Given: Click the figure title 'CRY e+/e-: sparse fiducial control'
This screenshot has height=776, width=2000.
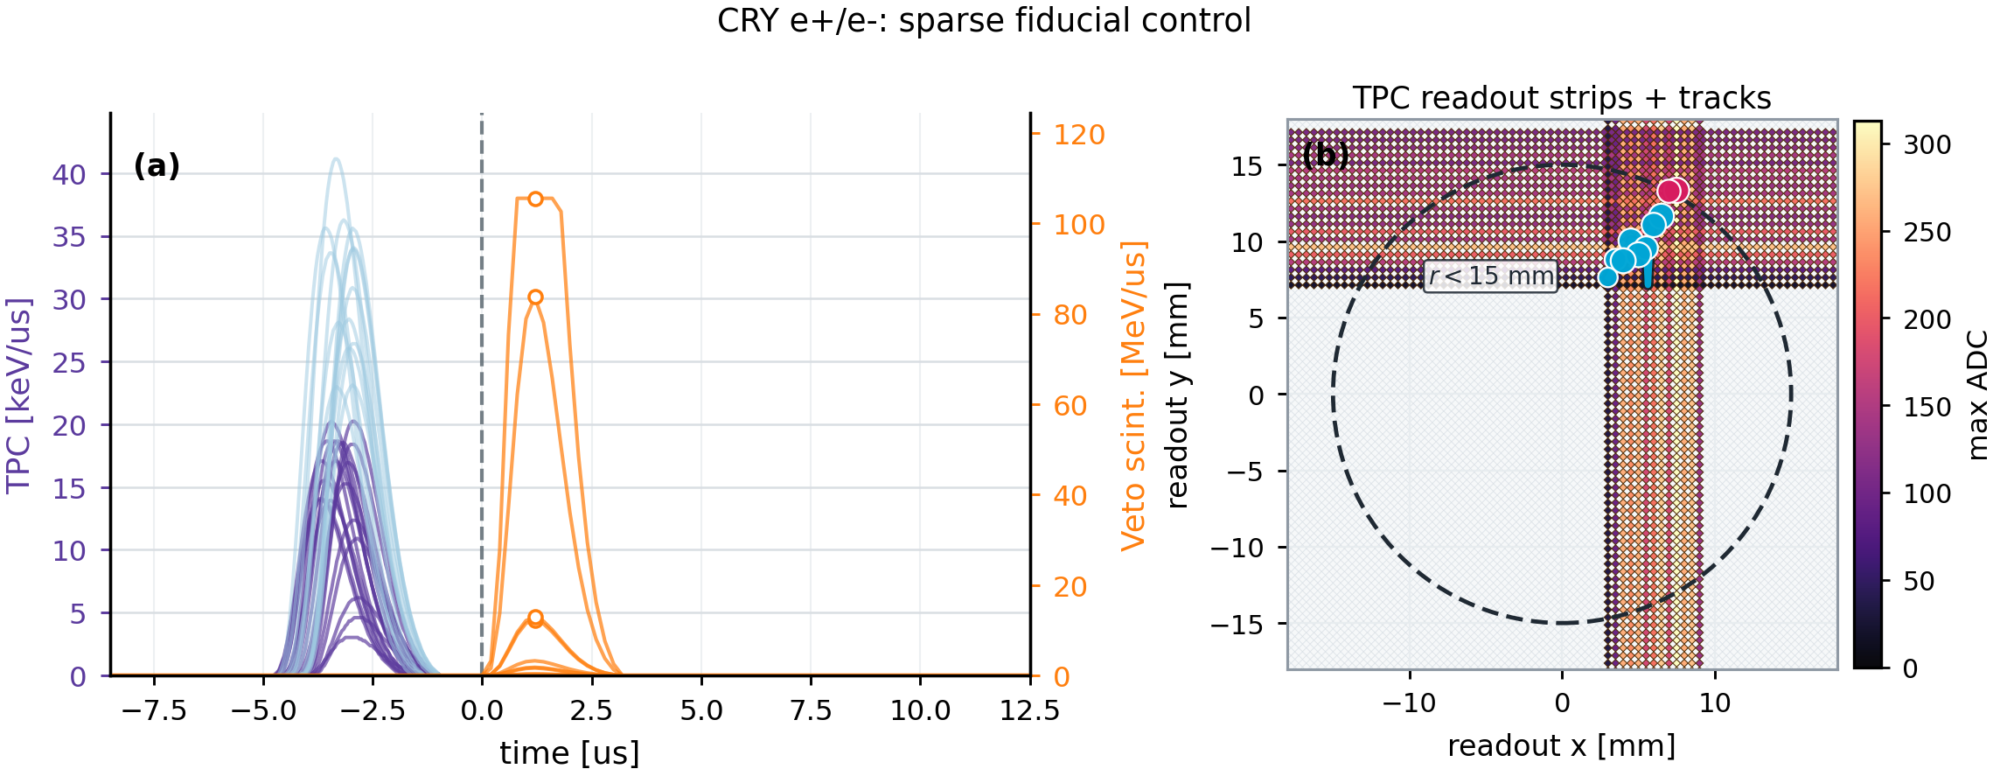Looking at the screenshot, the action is click(x=984, y=20).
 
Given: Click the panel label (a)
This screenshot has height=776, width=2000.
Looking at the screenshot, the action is click(x=157, y=165).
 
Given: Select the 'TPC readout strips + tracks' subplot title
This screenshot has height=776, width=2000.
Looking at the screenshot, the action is click(x=1562, y=98).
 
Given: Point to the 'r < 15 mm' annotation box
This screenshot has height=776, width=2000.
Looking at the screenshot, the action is click(x=1490, y=276).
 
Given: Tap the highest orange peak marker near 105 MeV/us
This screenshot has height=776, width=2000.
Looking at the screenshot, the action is click(x=535, y=199).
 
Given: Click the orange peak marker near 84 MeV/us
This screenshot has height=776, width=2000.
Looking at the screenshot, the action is click(x=535, y=297).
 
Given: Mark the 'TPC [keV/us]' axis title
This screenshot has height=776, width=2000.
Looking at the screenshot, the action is click(x=18, y=395).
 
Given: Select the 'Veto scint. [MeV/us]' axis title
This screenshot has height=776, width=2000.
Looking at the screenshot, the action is click(x=1133, y=395).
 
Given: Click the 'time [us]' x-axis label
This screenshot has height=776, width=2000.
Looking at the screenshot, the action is click(x=569, y=753).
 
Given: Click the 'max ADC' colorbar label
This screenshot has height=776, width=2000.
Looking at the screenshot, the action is click(x=1978, y=395).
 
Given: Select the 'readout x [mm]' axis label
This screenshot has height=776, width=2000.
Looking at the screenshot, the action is click(x=1562, y=745).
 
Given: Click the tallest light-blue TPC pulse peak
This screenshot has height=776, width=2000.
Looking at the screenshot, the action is click(x=336, y=159).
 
